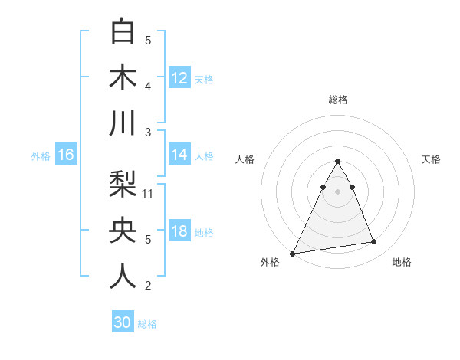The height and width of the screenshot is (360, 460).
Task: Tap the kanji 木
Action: (x=123, y=78)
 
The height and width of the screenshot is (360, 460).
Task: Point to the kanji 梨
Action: (x=123, y=185)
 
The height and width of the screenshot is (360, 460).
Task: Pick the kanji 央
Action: (x=123, y=230)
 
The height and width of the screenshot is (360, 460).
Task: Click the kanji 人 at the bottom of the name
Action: (x=123, y=276)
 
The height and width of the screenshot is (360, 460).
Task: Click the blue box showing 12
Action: (x=179, y=77)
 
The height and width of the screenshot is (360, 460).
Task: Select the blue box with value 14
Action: (x=179, y=155)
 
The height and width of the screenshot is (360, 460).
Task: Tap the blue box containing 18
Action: (x=179, y=231)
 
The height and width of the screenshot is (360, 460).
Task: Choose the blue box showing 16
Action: (x=66, y=155)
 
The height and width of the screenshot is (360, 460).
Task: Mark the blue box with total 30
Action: (x=123, y=322)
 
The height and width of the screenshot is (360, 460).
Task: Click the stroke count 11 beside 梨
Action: (x=148, y=194)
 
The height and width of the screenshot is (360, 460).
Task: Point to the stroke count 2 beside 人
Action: (x=148, y=286)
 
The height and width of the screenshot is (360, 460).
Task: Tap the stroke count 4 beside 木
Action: (x=148, y=87)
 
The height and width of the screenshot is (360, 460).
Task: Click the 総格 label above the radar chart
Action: (x=337, y=100)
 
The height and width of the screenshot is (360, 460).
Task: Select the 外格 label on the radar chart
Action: (x=270, y=262)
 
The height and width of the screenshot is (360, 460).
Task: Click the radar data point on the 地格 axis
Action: (x=374, y=242)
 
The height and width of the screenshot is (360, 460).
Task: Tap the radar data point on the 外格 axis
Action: (x=293, y=253)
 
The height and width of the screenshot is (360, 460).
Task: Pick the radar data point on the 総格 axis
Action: (x=337, y=161)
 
